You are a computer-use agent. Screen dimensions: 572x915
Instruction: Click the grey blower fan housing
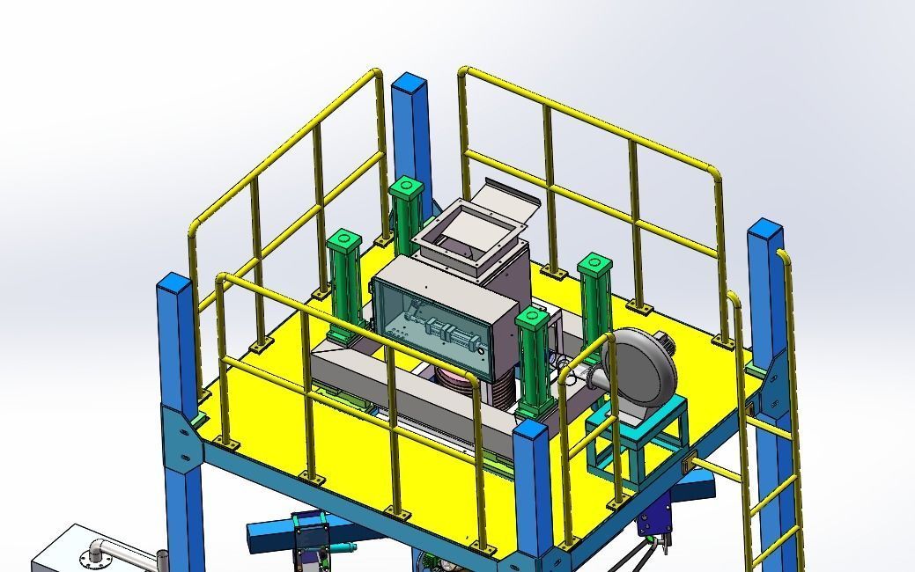click(643, 370)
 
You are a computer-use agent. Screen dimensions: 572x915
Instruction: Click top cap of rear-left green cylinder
click(405, 186)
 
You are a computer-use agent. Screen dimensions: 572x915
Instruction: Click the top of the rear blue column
click(410, 86)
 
